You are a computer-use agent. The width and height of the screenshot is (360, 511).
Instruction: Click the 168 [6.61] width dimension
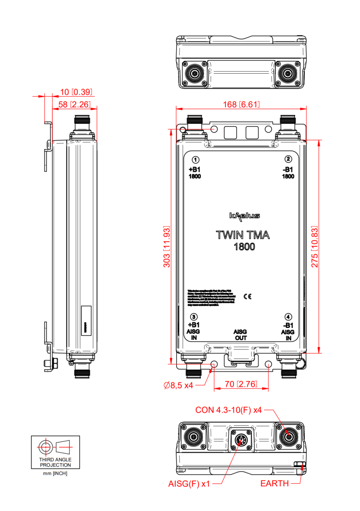[x=241, y=104]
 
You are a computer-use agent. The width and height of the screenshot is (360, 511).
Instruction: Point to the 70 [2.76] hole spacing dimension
[x=241, y=384]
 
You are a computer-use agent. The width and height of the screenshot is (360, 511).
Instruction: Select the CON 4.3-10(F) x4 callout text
[x=229, y=410]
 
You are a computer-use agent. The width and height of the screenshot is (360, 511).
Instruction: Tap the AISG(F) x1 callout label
[x=189, y=484]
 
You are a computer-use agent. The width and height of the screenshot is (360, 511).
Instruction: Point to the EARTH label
[x=274, y=484]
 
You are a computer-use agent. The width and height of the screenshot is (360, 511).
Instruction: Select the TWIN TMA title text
[x=243, y=235]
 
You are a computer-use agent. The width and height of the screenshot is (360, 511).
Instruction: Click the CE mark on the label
[x=247, y=296]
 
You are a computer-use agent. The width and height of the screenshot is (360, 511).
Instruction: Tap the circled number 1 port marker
[x=195, y=160]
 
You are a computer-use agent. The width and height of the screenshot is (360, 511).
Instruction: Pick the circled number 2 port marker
[x=289, y=159]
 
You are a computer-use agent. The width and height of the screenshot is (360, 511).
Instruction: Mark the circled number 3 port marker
[x=194, y=317]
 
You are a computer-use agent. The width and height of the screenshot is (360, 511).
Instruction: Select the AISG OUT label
[x=241, y=335]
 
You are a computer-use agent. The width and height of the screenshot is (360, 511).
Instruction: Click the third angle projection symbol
[x=55, y=447]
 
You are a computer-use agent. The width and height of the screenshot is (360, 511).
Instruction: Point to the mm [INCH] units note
[x=55, y=473]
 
